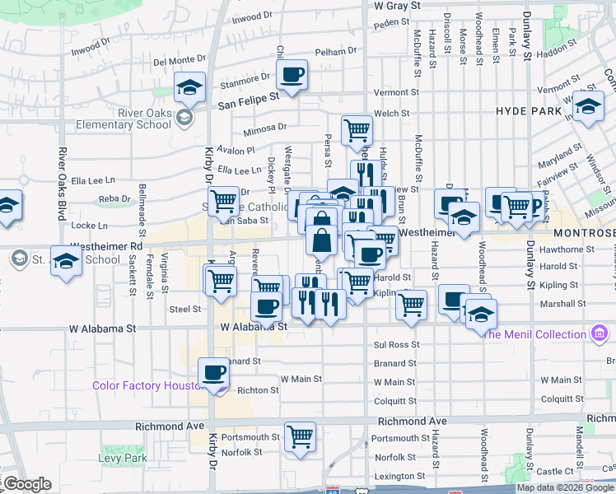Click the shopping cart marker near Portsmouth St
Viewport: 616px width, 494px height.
[301, 436]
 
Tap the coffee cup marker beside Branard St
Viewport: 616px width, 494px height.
[214, 371]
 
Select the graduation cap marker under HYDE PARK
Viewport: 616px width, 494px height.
[588, 107]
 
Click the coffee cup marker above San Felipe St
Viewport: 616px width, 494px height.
[292, 75]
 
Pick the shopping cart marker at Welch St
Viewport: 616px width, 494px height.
[357, 128]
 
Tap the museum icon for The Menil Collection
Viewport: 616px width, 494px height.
[600, 334]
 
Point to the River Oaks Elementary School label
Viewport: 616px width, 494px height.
[122, 119]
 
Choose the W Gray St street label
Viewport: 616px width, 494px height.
[397, 5]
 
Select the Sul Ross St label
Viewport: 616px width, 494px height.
[396, 345]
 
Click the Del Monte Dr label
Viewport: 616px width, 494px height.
[179, 60]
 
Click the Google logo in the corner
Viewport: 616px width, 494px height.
[27, 484]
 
